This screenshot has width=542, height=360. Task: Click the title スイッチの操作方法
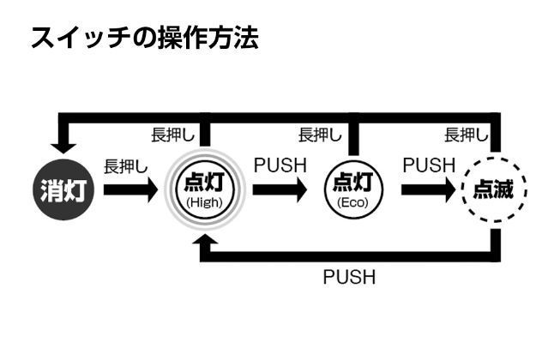point(144,38)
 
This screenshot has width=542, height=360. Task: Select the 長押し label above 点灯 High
point(172,135)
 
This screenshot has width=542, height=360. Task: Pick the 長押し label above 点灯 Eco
point(320,135)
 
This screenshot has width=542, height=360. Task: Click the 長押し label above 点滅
point(467,135)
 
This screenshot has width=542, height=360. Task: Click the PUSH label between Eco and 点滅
point(428,164)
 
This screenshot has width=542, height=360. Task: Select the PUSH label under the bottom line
point(349,278)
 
